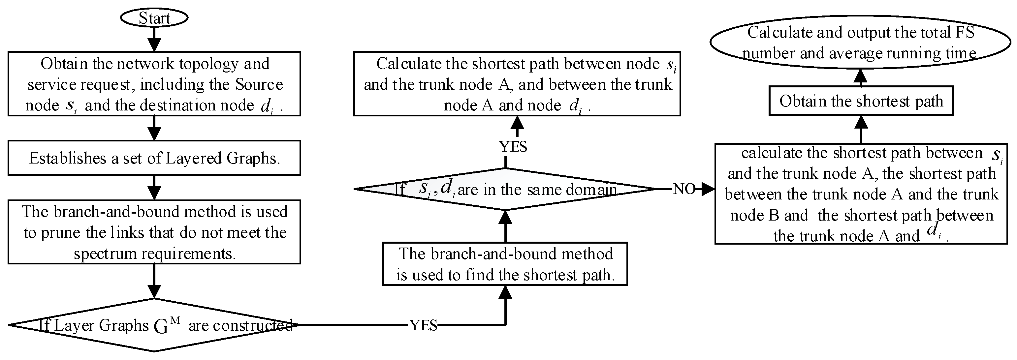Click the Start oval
click(154, 18)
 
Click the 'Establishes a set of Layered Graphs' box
click(154, 158)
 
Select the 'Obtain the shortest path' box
click(861, 101)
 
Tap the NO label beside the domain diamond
click(684, 189)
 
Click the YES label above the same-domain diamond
click(513, 146)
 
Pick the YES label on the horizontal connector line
click(423, 325)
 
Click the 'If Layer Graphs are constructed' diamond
click(154, 325)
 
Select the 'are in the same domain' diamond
click(505, 189)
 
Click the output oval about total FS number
click(861, 43)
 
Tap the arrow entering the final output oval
click(861, 76)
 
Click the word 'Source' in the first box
click(259, 84)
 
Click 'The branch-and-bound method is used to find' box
click(505, 264)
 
